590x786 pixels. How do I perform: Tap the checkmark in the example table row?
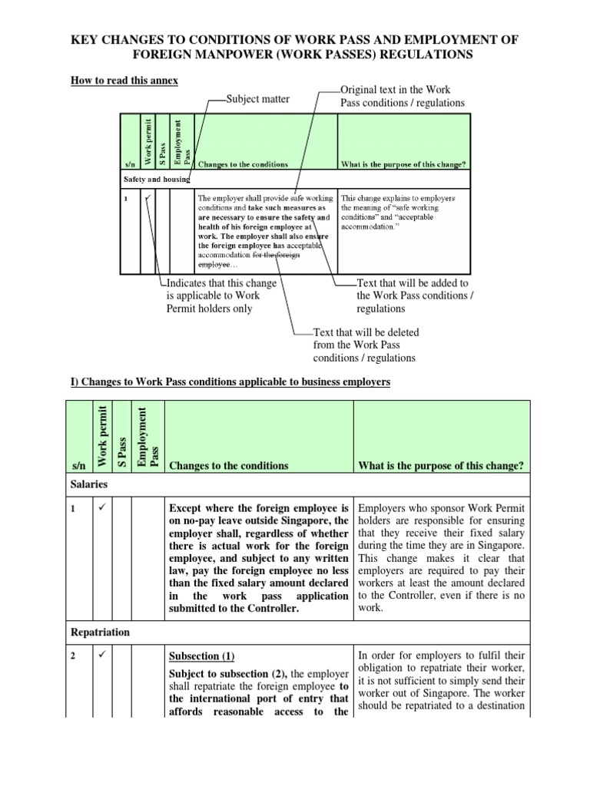[147, 199]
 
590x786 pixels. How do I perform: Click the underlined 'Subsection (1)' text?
[201, 656]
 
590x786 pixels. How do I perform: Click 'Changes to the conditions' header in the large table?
[228, 466]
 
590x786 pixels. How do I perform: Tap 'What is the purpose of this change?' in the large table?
[441, 466]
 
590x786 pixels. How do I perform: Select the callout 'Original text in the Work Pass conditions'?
[402, 97]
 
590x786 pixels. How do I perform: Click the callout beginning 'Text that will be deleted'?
[365, 345]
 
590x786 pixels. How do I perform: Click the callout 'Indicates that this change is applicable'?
[220, 296]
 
